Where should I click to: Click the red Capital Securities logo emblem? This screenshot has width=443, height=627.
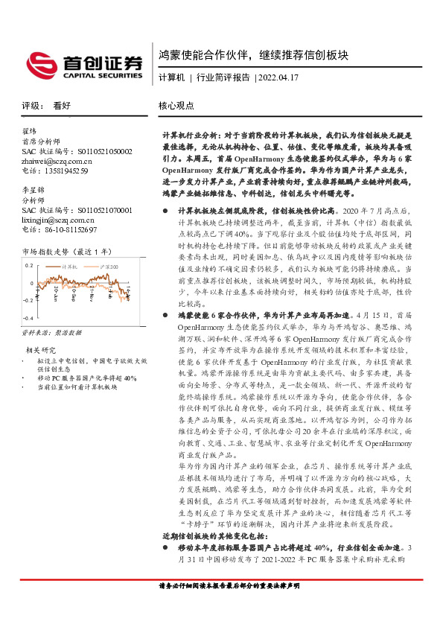[x=40, y=64]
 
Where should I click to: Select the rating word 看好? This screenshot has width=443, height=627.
[x=62, y=106]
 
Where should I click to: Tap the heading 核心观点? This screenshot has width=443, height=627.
[x=176, y=106]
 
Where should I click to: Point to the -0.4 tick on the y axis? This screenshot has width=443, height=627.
[x=27, y=318]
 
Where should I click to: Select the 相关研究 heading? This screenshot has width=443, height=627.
[x=41, y=349]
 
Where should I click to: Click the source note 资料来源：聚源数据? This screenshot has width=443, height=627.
[x=50, y=334]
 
